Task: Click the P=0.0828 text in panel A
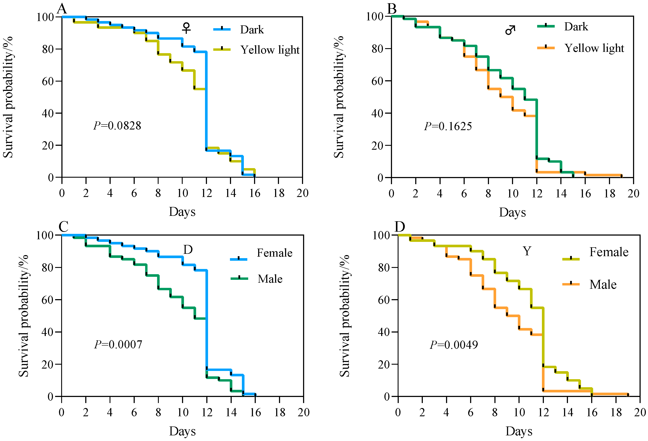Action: pos(117,126)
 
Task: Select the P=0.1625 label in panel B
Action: pos(448,126)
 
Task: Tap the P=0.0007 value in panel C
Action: pos(118,344)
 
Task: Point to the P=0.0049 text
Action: pos(454,345)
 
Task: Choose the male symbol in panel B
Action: pos(510,30)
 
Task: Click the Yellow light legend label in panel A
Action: pos(270,50)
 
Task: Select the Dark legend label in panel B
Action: pos(576,27)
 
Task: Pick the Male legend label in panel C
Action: pos(270,279)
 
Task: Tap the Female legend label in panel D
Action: pos(609,252)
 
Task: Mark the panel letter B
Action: pos(392,9)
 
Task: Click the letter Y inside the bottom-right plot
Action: pos(527,251)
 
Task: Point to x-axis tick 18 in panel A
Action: pos(279,193)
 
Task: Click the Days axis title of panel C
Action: pos(182,431)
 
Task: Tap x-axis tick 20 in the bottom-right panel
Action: pos(640,412)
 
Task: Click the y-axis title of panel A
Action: pos(8,97)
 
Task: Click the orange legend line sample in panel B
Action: pos(546,48)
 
